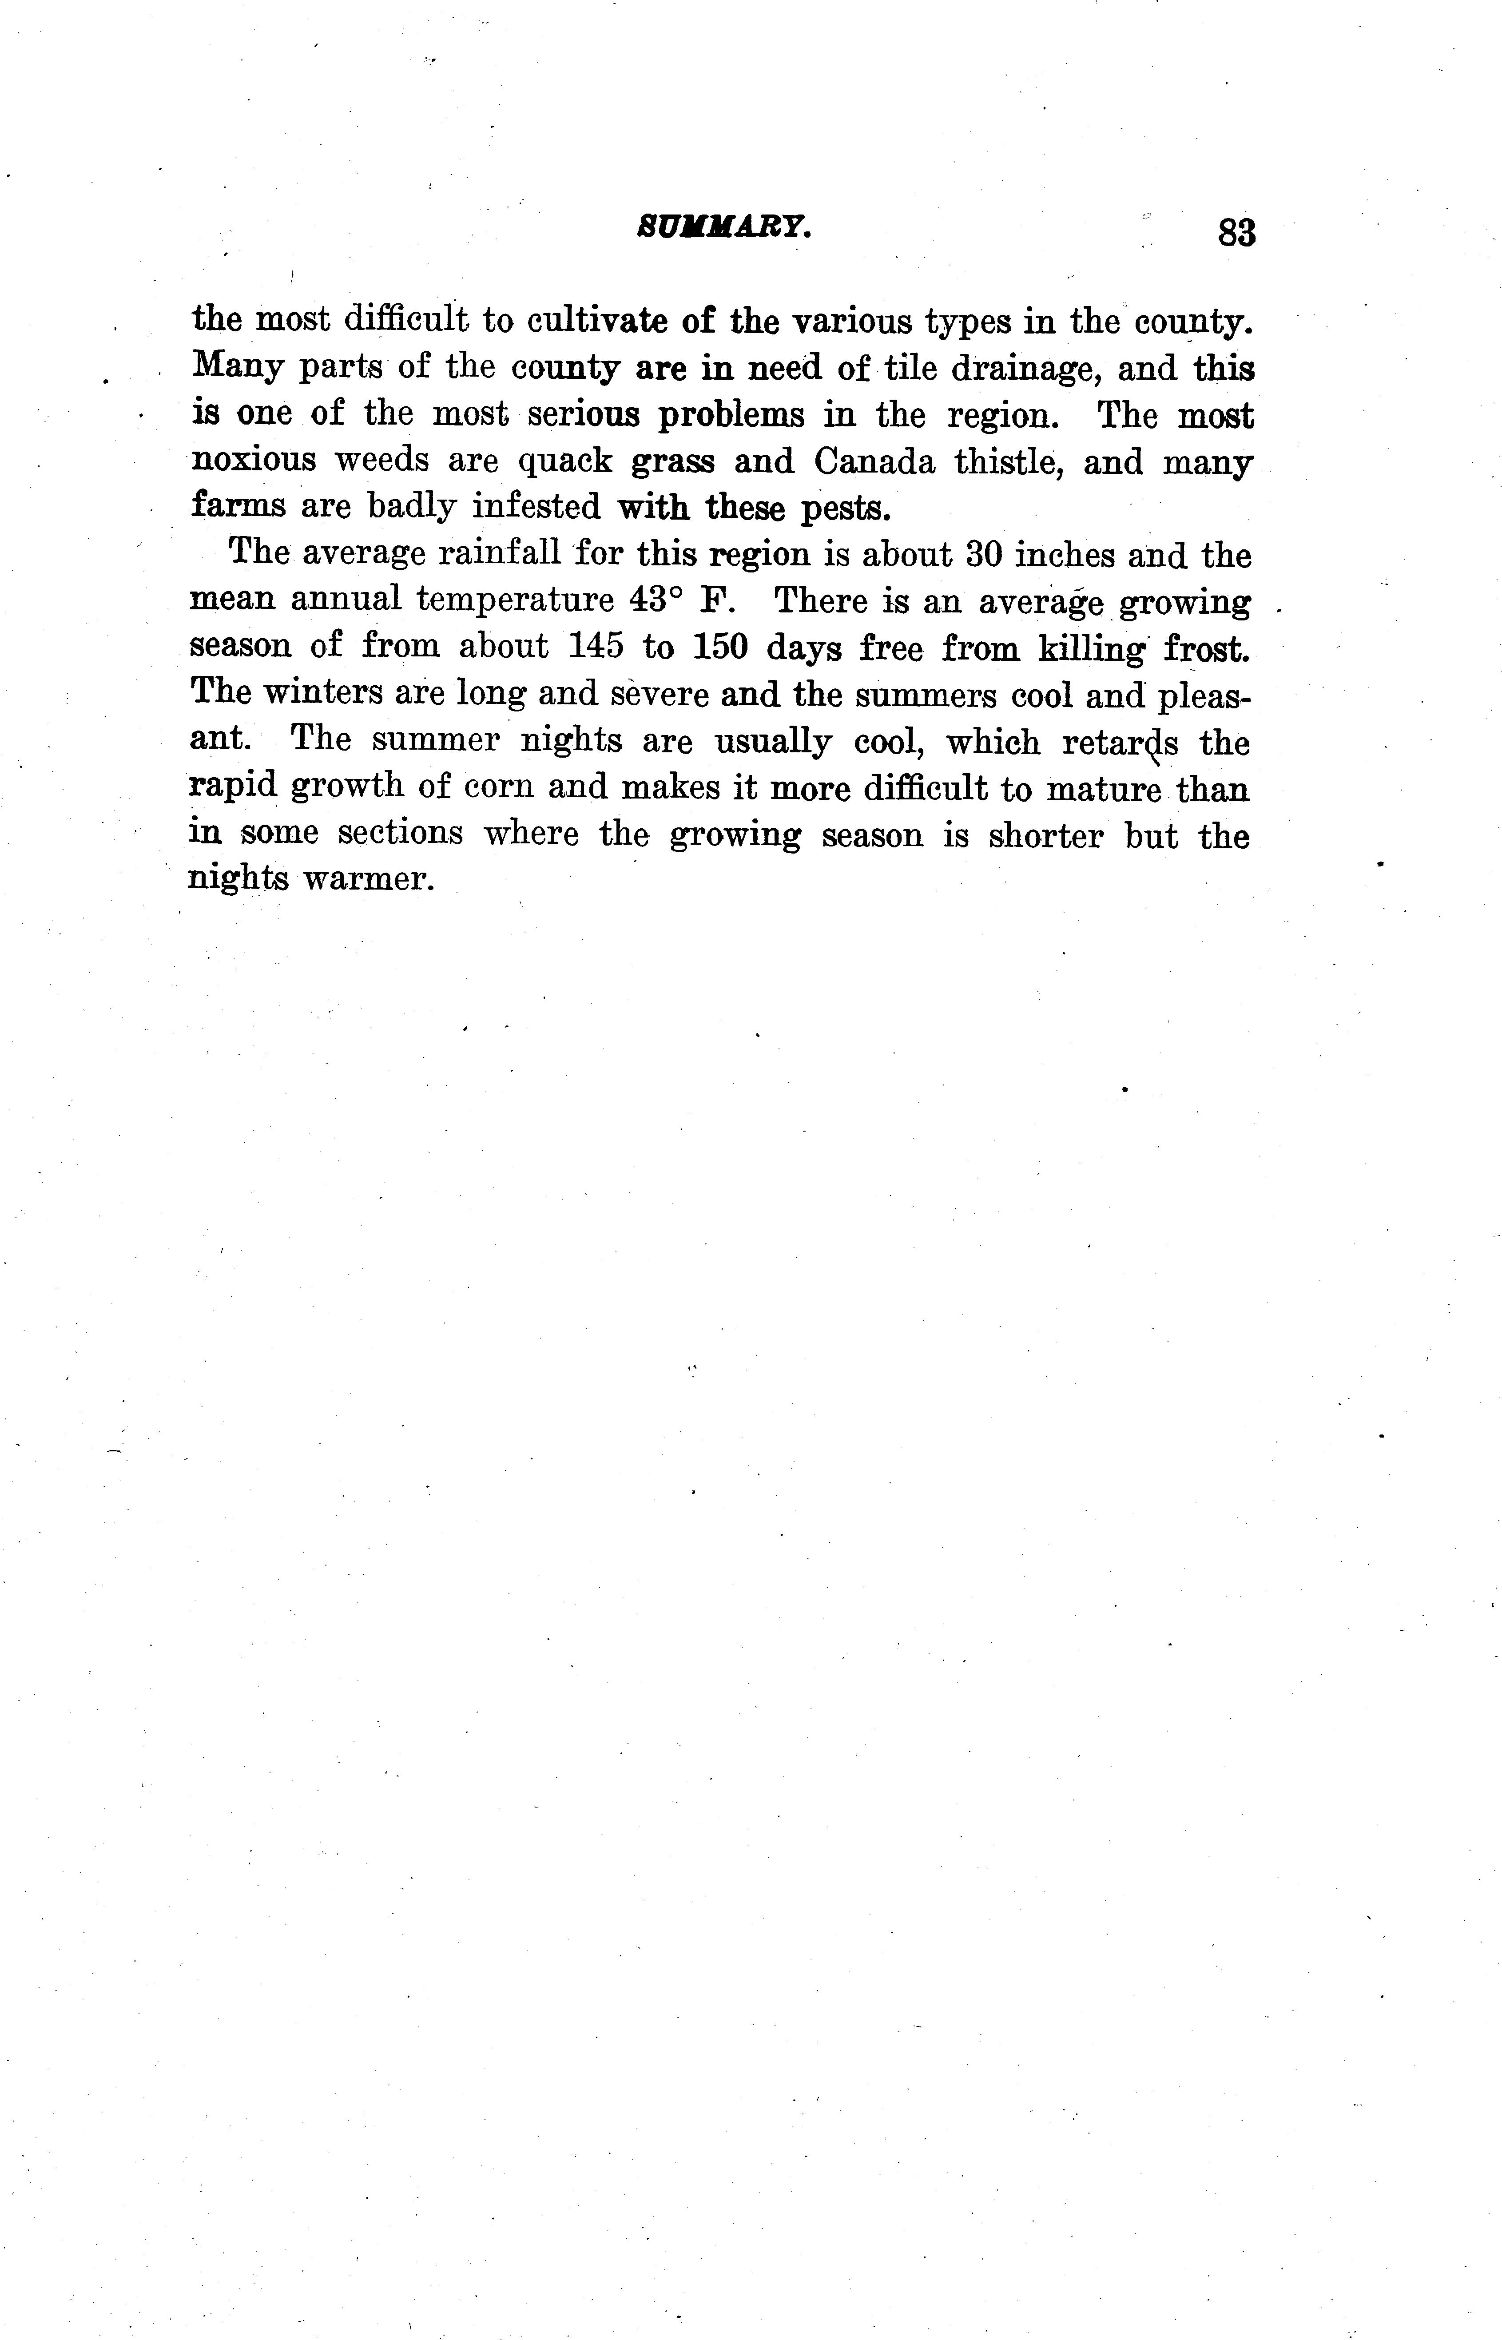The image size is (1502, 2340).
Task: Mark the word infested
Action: tap(536, 507)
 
